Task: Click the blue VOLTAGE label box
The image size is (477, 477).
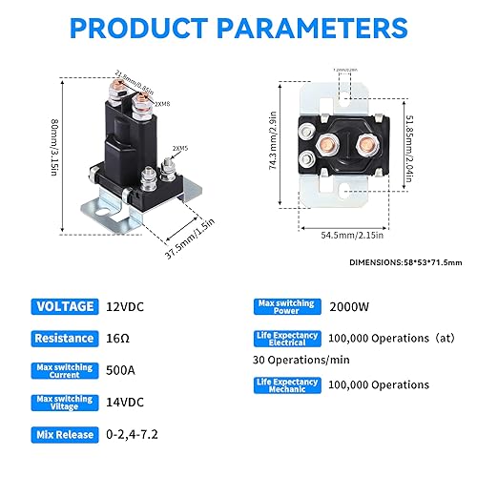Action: (65, 306)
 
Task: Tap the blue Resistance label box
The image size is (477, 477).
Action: (65, 338)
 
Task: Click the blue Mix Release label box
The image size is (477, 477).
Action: (65, 434)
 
